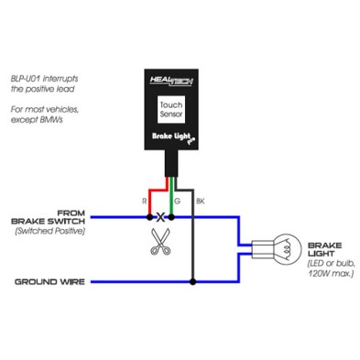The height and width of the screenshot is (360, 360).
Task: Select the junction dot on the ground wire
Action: (x=191, y=281)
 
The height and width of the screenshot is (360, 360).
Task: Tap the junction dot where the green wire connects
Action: (x=171, y=218)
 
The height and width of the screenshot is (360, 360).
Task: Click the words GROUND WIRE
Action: (x=50, y=281)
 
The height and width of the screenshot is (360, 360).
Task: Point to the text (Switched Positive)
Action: (x=50, y=232)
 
